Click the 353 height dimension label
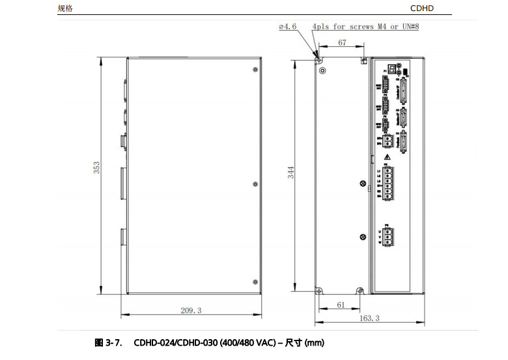tap(97, 167)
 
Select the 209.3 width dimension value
tap(191, 311)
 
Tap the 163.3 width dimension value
tap(369, 318)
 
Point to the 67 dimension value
tap(342, 43)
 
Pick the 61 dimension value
tap(341, 305)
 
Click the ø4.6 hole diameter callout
tap(287, 27)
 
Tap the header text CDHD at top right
tap(421, 8)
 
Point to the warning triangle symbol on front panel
tap(387, 157)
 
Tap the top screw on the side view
tap(254, 68)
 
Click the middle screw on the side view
tap(254, 184)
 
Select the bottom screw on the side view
tap(254, 282)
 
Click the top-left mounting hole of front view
tap(319, 57)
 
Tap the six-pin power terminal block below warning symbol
tap(388, 182)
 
